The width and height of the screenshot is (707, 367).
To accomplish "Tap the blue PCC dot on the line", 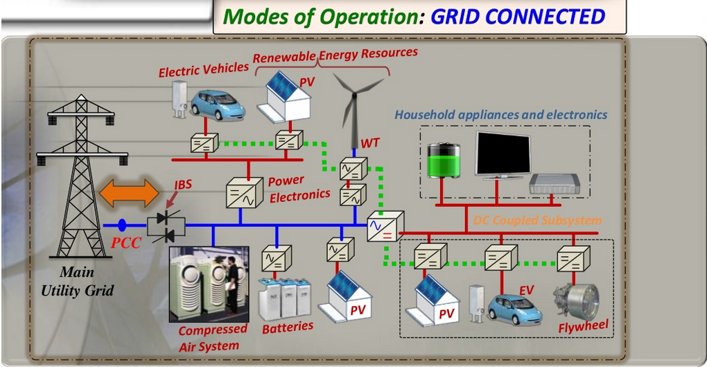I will click(122, 225).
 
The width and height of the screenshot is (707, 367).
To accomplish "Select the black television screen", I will click(503, 155).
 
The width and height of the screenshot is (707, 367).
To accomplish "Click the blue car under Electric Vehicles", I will click(218, 104).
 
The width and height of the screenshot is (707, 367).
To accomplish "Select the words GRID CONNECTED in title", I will click(518, 16).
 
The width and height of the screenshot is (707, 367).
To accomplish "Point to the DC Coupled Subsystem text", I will click(537, 221).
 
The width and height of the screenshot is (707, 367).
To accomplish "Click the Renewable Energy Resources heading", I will click(335, 55).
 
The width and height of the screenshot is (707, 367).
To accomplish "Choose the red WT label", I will click(369, 144).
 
